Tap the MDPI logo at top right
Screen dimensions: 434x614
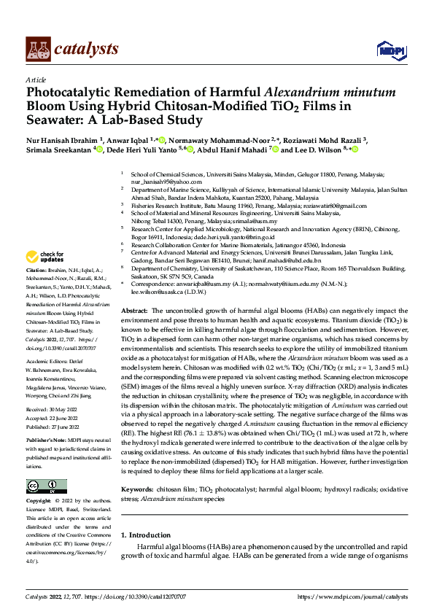(390, 50)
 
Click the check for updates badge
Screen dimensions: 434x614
(42, 257)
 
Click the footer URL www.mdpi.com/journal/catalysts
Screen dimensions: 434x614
(353, 597)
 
